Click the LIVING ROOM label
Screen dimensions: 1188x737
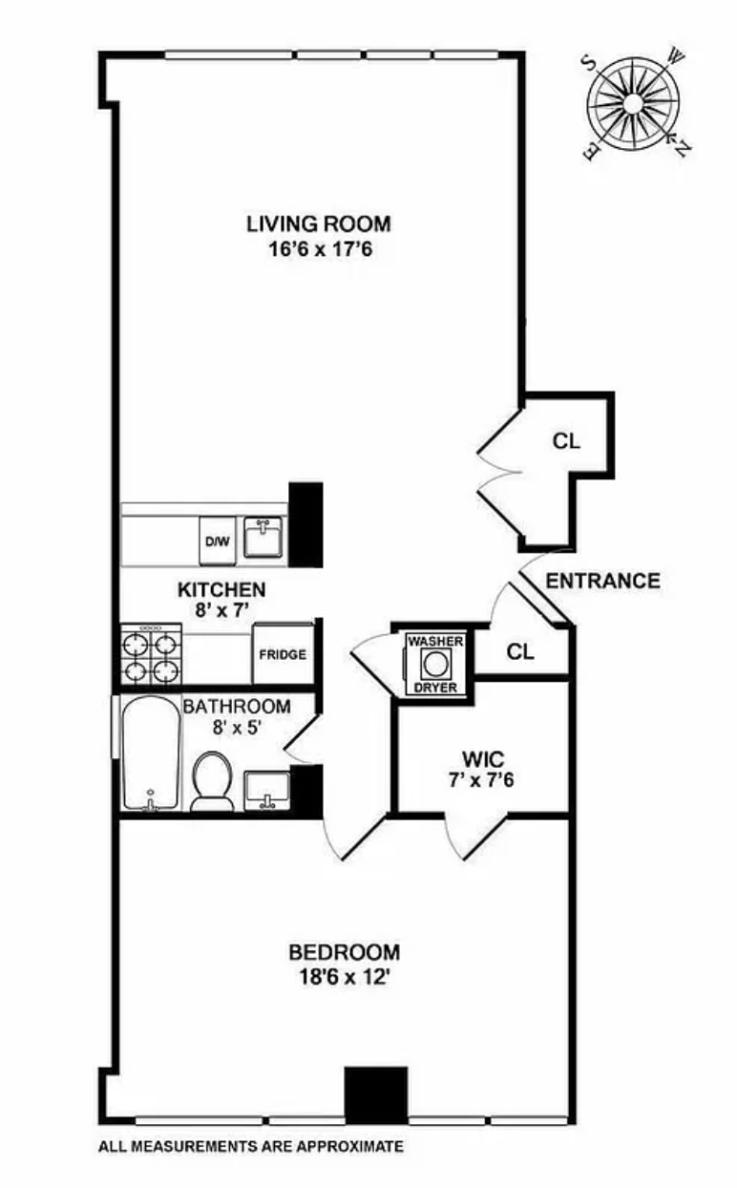pos(318,224)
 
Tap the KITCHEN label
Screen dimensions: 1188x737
pos(222,590)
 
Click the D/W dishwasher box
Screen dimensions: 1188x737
pos(217,541)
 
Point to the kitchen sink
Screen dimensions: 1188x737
pos(261,538)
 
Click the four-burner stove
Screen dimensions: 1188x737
pos(151,653)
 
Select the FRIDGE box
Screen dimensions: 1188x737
pos(284,654)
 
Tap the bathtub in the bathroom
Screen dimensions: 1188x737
pos(150,754)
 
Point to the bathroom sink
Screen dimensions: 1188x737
pos(266,790)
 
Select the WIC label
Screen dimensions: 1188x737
pos(481,760)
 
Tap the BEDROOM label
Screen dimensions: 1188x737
pos(345,952)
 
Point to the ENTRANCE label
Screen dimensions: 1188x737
pos(603,581)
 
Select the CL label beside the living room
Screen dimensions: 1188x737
pos(566,441)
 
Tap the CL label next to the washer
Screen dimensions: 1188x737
pos(521,652)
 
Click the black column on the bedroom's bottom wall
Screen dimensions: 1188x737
pos(375,1094)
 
